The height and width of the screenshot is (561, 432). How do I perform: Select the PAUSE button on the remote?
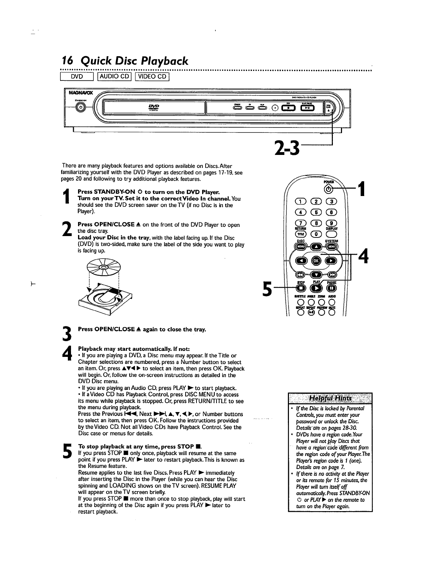pyautogui.click(x=333, y=288)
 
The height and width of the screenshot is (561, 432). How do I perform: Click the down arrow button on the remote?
pyautogui.click(x=315, y=275)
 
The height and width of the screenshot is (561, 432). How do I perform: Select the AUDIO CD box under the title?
pyautogui.click(x=114, y=77)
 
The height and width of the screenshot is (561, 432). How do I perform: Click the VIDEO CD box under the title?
pyautogui.click(x=154, y=77)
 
